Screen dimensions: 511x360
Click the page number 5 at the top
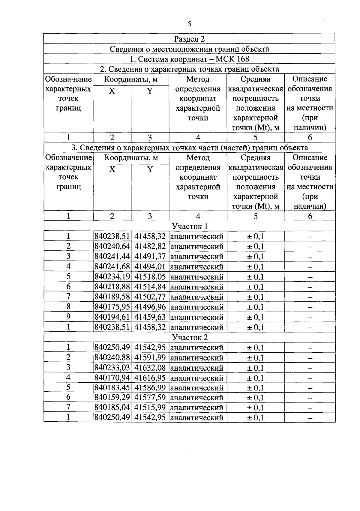click(189, 24)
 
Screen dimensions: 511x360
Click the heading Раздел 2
click(189, 39)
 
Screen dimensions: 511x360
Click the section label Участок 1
click(190, 226)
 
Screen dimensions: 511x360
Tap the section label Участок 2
click(190, 337)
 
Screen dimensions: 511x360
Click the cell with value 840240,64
click(112, 247)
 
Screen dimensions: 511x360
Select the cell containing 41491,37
click(150, 257)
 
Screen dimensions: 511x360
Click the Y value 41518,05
click(150, 277)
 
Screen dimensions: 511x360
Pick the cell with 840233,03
click(112, 368)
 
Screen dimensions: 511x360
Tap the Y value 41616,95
click(150, 378)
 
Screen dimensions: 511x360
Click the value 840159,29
click(112, 398)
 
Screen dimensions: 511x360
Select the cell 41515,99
click(150, 408)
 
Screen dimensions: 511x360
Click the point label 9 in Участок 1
click(68, 317)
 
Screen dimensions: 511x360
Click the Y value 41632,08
click(150, 368)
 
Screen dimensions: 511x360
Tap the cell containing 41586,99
click(150, 388)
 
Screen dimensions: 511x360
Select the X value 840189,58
click(112, 297)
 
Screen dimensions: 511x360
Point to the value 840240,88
click(112, 358)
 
